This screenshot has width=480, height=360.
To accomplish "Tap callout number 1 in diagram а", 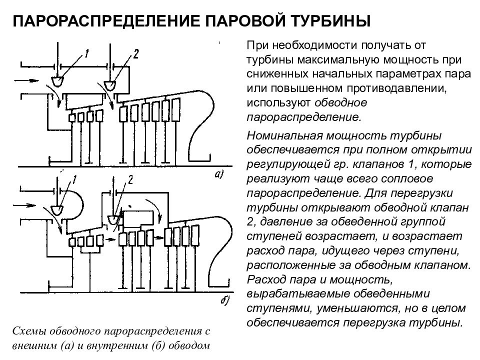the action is (86, 54).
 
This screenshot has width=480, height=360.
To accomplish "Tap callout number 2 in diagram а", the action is (136, 54).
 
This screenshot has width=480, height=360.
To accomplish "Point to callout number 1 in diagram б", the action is (74, 180).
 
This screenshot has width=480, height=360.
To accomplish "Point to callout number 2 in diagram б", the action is (130, 179).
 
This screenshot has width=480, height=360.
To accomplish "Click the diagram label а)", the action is (219, 174).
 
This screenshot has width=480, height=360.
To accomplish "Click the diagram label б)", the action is (225, 300).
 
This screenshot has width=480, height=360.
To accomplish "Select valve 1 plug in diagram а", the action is (57, 81).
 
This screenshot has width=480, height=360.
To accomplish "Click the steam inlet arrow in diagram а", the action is (27, 80).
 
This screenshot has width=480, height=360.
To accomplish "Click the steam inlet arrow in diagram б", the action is (24, 205).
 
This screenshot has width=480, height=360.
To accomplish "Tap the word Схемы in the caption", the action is (30, 331).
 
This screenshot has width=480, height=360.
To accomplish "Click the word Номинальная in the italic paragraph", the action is (283, 135).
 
